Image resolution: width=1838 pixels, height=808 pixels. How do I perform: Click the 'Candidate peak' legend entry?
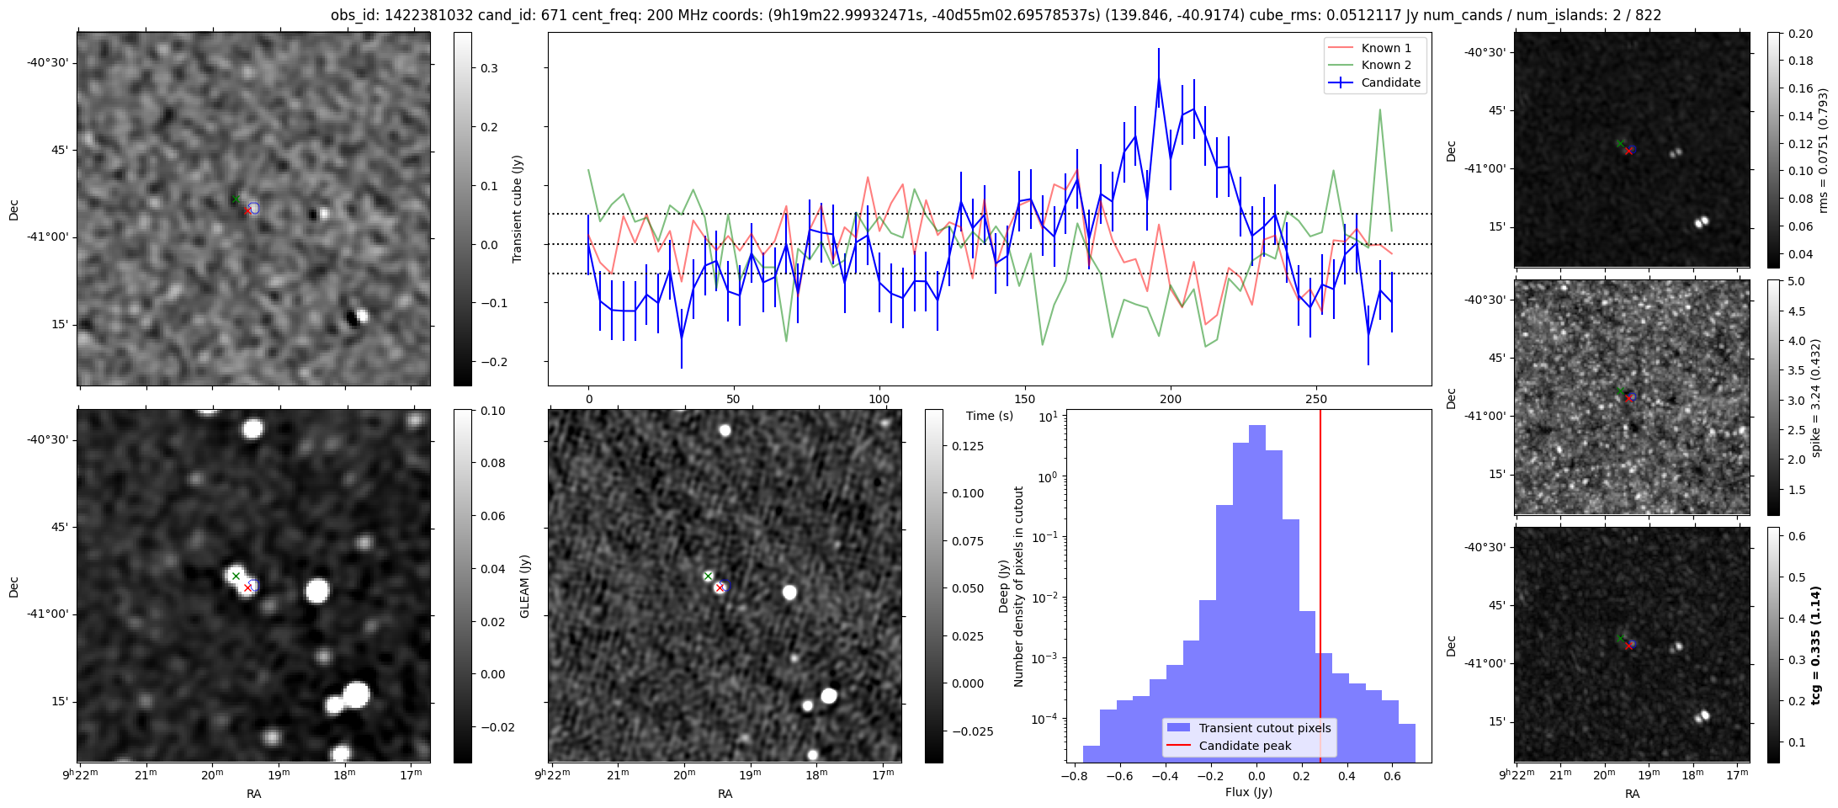[1245, 746]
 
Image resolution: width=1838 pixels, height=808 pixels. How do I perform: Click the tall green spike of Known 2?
[1380, 109]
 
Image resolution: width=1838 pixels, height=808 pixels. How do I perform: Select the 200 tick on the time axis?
[1171, 399]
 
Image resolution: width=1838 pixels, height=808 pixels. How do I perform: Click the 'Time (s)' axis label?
[990, 416]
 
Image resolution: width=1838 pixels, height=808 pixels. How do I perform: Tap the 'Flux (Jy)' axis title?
[1249, 792]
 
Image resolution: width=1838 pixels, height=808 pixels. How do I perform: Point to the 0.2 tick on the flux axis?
[1302, 776]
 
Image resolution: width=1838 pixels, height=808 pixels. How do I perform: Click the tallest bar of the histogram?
[1257, 426]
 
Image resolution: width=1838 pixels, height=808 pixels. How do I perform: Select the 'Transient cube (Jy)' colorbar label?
[518, 209]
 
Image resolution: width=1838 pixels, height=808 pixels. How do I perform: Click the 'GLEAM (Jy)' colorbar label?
[524, 586]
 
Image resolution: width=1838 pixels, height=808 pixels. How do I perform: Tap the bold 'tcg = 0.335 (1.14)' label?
[1816, 645]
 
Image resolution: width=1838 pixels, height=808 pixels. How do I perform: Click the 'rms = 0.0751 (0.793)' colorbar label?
[1824, 151]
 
